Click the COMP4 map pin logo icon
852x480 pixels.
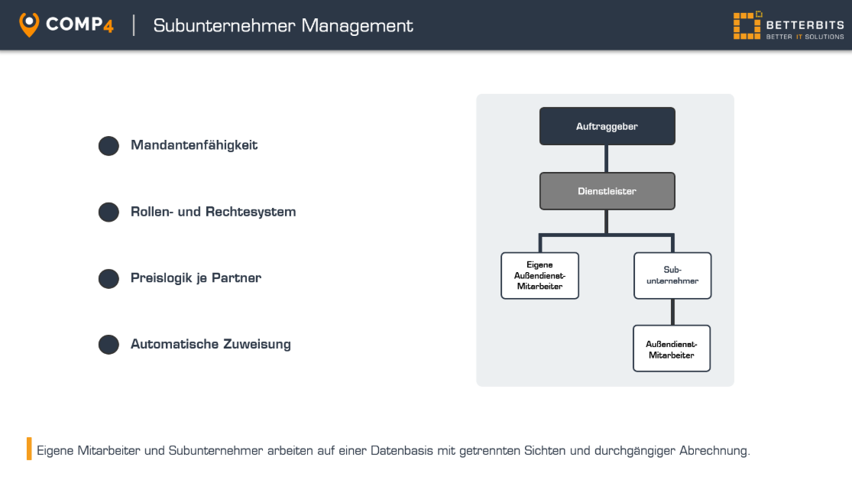point(29,24)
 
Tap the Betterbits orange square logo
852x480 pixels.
point(747,25)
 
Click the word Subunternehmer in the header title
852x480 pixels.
point(224,25)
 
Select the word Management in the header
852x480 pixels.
point(357,26)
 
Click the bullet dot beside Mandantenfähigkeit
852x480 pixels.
point(109,146)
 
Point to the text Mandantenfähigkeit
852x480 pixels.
point(194,145)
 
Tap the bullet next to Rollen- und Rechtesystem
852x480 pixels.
point(109,212)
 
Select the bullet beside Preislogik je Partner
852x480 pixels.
point(109,278)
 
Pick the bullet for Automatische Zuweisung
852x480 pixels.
point(109,345)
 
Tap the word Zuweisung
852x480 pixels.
point(257,344)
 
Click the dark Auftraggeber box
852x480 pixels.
point(607,126)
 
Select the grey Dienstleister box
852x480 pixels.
point(607,191)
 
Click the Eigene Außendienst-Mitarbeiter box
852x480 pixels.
point(539,276)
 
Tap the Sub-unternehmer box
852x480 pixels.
point(672,276)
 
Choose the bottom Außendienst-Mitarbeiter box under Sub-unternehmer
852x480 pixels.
point(672,349)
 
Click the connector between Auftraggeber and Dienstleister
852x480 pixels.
point(607,159)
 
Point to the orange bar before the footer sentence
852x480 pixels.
point(29,449)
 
